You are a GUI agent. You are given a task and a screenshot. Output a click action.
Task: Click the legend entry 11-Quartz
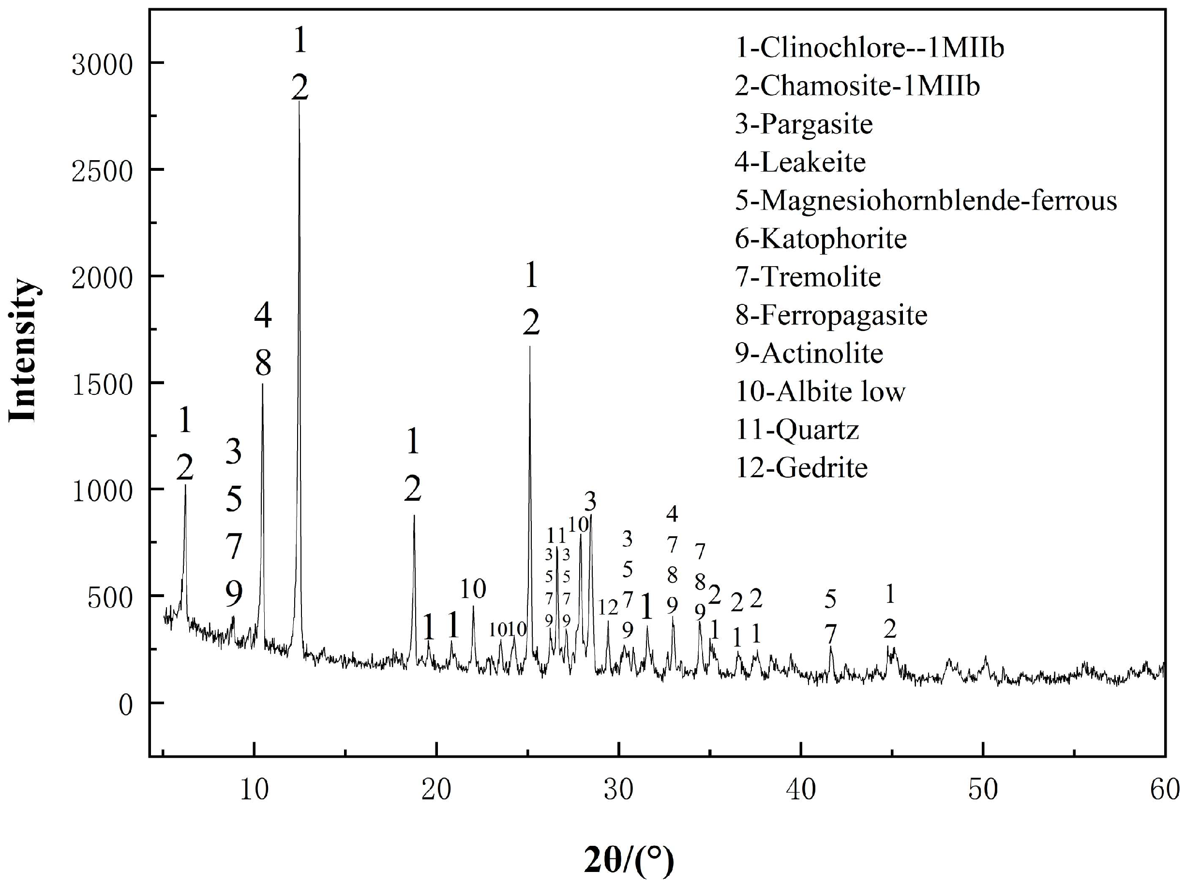point(797,430)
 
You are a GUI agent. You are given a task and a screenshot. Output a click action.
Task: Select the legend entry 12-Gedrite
point(801,467)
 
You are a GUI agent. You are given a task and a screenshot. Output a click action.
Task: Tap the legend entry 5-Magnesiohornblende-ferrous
point(926,201)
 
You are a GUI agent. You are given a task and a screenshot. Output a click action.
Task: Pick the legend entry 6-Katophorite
point(821,239)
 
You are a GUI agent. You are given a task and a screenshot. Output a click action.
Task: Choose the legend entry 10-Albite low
point(820,391)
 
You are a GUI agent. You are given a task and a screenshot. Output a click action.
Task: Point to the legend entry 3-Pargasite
point(804,124)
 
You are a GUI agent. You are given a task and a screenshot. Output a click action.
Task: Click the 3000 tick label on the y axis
point(102,65)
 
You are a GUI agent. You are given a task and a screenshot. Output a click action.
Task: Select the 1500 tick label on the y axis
point(102,385)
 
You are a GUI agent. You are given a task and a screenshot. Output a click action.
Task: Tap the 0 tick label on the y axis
point(125,706)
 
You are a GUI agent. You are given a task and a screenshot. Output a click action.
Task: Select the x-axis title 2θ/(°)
point(629,860)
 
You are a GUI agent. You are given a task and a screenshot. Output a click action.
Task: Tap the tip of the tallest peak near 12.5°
point(299,102)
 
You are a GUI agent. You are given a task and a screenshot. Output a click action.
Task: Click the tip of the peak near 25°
point(530,347)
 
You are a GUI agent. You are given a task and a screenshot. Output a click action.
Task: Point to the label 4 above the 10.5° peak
point(262,316)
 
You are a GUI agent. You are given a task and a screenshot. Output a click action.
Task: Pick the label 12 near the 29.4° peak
point(608,607)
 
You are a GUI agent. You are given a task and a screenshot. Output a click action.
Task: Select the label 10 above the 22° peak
point(473,589)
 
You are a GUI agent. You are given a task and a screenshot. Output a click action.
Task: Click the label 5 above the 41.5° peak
point(830,600)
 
